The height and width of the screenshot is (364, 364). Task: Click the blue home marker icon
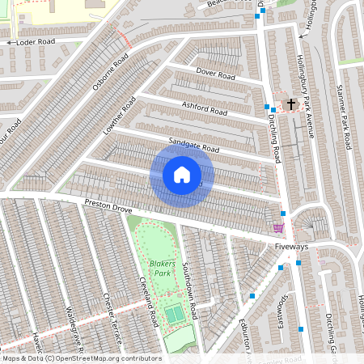[181, 175]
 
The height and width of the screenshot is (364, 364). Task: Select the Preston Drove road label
[108, 209]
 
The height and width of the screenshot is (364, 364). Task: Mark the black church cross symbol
[290, 104]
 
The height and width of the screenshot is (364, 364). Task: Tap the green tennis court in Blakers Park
[175, 312]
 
